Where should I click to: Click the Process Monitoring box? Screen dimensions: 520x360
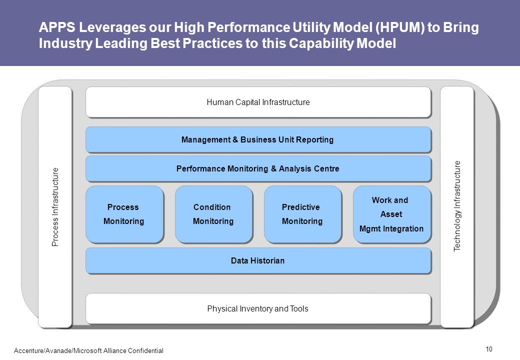tap(124, 214)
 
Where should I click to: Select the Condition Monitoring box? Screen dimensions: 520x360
tap(213, 214)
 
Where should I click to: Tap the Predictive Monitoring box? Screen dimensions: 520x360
tap(303, 214)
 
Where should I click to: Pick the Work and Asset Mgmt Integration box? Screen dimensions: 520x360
tap(392, 214)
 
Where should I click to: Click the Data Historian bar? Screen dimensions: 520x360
tap(258, 260)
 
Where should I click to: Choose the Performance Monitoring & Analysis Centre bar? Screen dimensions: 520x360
tap(258, 168)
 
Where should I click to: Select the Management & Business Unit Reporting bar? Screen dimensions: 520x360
tap(258, 139)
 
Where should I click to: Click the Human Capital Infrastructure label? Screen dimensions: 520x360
tap(258, 102)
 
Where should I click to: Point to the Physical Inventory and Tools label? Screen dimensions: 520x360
tap(257, 308)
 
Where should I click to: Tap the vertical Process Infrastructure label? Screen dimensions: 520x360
tap(55, 207)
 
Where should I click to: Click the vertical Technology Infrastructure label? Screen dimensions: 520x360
tap(457, 206)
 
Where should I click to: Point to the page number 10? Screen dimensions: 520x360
tap(489, 349)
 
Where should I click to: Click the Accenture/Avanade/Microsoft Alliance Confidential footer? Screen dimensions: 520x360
tap(88, 350)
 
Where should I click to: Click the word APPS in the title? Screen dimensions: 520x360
tap(57, 27)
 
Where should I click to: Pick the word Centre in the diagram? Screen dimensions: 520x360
tap(325, 168)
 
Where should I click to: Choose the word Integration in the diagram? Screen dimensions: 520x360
tap(403, 228)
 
